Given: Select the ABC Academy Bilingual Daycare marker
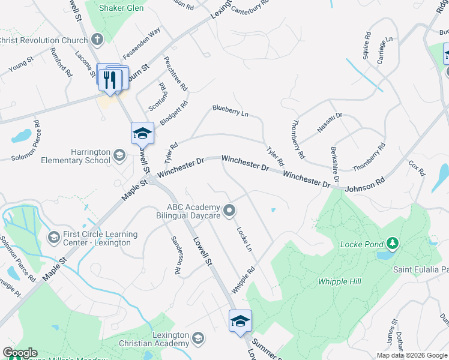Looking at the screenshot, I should [229, 211].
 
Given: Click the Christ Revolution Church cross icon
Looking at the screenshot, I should [97, 40].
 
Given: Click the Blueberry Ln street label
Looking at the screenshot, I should [230, 110].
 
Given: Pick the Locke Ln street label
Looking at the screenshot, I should [244, 238].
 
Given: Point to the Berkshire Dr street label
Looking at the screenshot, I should [334, 164].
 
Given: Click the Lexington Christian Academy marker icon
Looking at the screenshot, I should [199, 339].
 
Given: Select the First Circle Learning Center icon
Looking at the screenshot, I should [54, 238].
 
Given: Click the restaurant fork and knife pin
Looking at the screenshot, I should [110, 79].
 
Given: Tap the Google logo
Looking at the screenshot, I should [20, 353].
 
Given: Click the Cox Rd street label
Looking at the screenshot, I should [416, 167].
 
